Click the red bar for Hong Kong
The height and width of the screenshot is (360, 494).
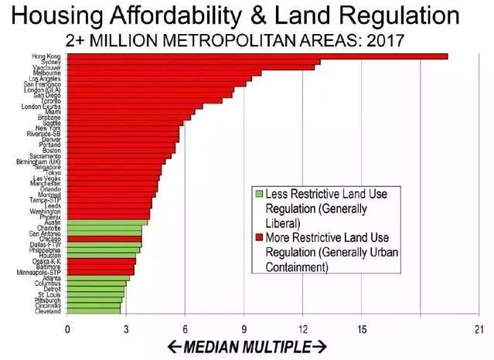click(x=255, y=56)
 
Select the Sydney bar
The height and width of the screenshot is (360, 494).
click(x=193, y=62)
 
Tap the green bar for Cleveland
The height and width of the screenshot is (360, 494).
click(x=94, y=311)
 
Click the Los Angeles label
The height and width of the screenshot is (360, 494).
click(x=46, y=79)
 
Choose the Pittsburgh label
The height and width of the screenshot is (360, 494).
click(x=47, y=300)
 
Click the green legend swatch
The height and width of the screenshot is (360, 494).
click(x=260, y=194)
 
